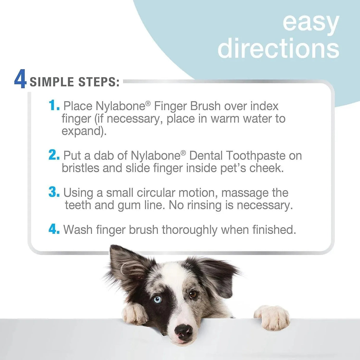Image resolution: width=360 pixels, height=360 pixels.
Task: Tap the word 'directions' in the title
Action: pos(278,48)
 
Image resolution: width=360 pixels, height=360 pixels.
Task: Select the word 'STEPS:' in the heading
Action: pos(99,82)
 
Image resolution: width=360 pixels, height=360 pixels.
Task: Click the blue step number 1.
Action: pos(54,105)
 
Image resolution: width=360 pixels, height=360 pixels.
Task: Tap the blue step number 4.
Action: pos(54,229)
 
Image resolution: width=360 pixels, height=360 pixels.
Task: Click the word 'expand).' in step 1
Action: pos(84,131)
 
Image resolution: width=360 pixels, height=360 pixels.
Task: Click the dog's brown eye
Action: pos(193,294)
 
